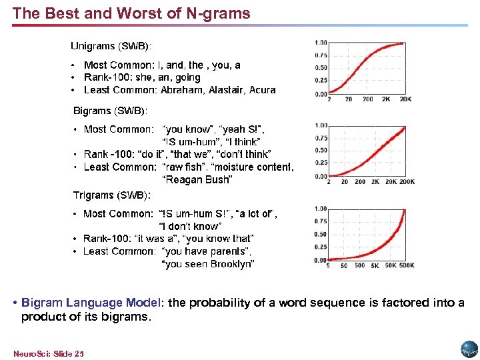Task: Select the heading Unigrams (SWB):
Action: (111, 46)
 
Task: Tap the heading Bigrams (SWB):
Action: (110, 109)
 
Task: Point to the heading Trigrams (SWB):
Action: (111, 195)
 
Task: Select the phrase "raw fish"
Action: (184, 167)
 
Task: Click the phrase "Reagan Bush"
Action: (197, 180)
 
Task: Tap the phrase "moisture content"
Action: (253, 167)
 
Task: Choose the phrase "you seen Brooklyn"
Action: (208, 264)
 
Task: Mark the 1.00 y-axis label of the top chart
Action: (321, 43)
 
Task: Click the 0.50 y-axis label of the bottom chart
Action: (321, 234)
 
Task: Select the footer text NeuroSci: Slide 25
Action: (48, 352)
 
